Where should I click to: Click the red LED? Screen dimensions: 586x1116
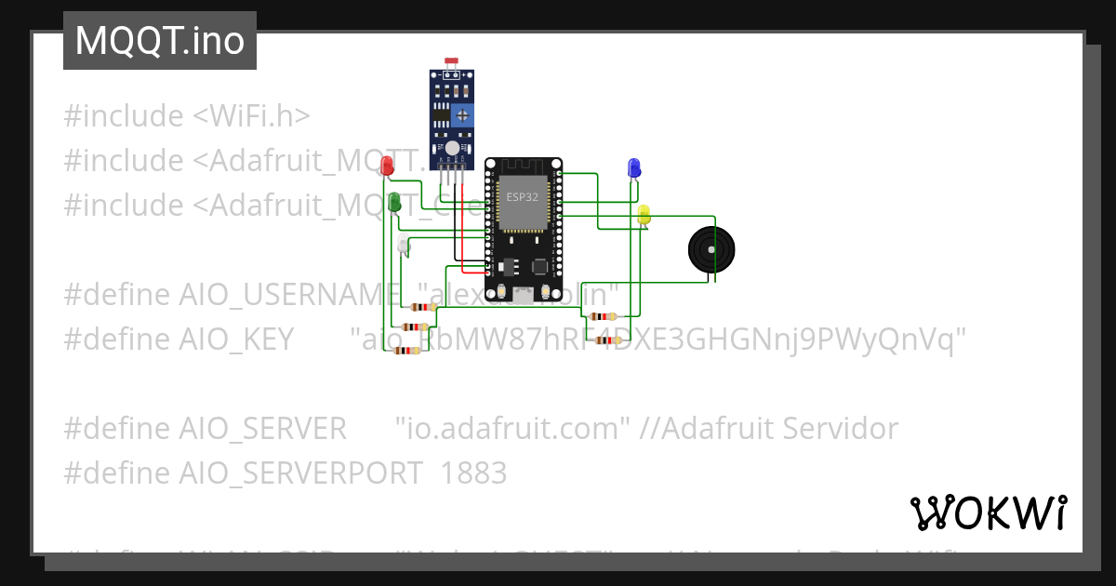click(388, 165)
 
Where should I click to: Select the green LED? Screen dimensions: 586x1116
click(394, 200)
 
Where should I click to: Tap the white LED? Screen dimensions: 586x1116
click(403, 244)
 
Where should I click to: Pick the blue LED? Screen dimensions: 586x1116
click(634, 166)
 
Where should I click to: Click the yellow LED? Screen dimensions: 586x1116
click(644, 214)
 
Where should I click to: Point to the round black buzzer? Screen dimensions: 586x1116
click(711, 249)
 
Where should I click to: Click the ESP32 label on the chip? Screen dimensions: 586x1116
click(522, 197)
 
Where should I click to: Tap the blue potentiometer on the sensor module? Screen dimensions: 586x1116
click(462, 114)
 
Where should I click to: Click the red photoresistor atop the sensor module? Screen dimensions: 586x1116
click(451, 61)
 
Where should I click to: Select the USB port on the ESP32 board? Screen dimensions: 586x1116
click(523, 296)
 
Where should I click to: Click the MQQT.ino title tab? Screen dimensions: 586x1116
click(159, 40)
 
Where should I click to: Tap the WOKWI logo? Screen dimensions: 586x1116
click(989, 513)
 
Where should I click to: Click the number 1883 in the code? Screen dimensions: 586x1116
click(473, 473)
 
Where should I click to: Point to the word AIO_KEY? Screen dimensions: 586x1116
click(236, 340)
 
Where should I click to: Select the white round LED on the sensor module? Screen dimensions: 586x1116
click(451, 148)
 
